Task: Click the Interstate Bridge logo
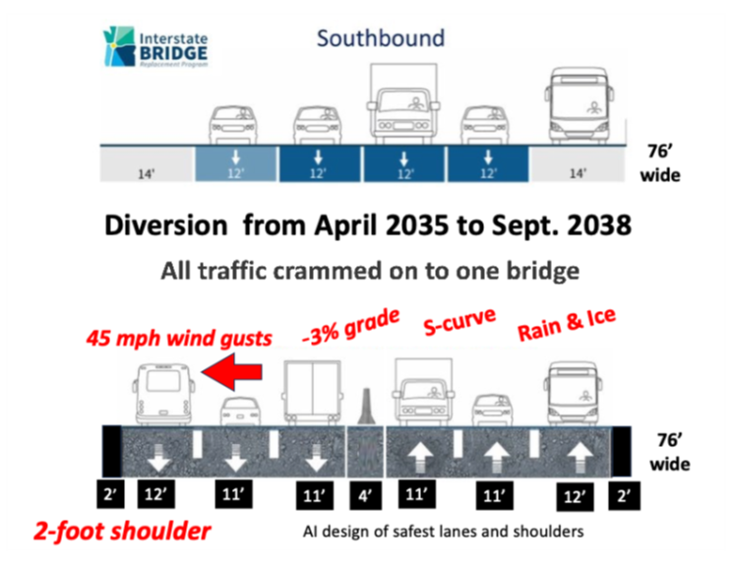(155, 47)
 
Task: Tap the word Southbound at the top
(381, 38)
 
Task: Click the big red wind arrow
(231, 372)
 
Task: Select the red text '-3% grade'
(351, 327)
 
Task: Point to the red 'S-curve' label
(459, 321)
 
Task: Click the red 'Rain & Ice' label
(566, 324)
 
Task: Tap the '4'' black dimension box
(366, 495)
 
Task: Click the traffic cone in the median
(366, 407)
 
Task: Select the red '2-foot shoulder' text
(122, 532)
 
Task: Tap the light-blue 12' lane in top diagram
(236, 163)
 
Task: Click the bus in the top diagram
(580, 104)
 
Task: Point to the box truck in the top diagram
(403, 103)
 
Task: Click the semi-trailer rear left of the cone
(311, 393)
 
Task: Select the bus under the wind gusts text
(163, 394)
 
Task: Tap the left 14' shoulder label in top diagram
(146, 174)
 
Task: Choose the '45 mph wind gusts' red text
(179, 339)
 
